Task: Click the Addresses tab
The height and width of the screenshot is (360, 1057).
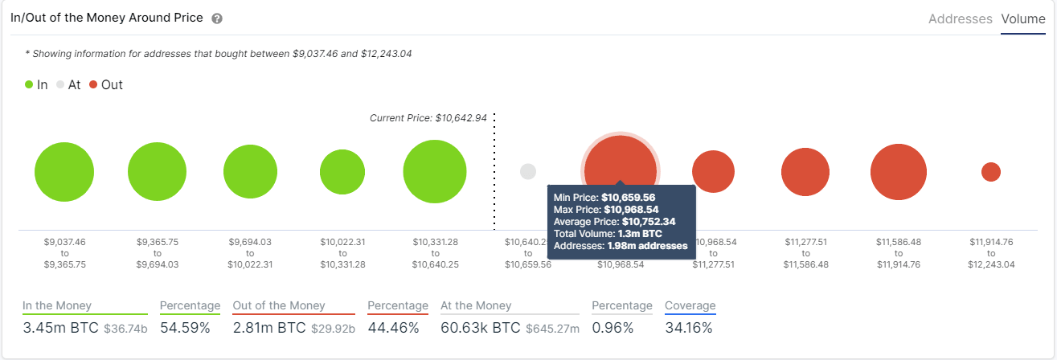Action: point(960,18)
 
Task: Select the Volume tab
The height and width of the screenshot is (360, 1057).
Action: point(1023,18)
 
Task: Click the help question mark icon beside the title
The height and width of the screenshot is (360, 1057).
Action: point(217,18)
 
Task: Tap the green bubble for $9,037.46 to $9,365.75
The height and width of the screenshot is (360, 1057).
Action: point(64,172)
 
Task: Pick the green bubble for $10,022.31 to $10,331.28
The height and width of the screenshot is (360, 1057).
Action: point(342,172)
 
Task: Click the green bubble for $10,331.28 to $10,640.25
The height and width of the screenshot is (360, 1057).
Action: point(435,172)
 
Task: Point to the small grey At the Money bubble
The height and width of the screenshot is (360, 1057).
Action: point(528,171)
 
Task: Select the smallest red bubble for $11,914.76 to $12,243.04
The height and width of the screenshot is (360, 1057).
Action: point(991,171)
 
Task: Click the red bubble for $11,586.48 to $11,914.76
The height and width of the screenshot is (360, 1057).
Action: point(899,172)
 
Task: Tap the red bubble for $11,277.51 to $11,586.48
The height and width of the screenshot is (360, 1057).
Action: point(805,172)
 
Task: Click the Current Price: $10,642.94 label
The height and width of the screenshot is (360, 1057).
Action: point(428,118)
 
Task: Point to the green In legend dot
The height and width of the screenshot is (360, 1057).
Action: point(30,84)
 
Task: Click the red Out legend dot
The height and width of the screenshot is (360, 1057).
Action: point(93,84)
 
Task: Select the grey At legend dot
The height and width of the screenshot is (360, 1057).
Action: point(60,84)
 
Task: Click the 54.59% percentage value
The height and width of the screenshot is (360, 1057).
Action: point(185,328)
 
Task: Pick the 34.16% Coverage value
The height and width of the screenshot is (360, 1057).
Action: point(688,328)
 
